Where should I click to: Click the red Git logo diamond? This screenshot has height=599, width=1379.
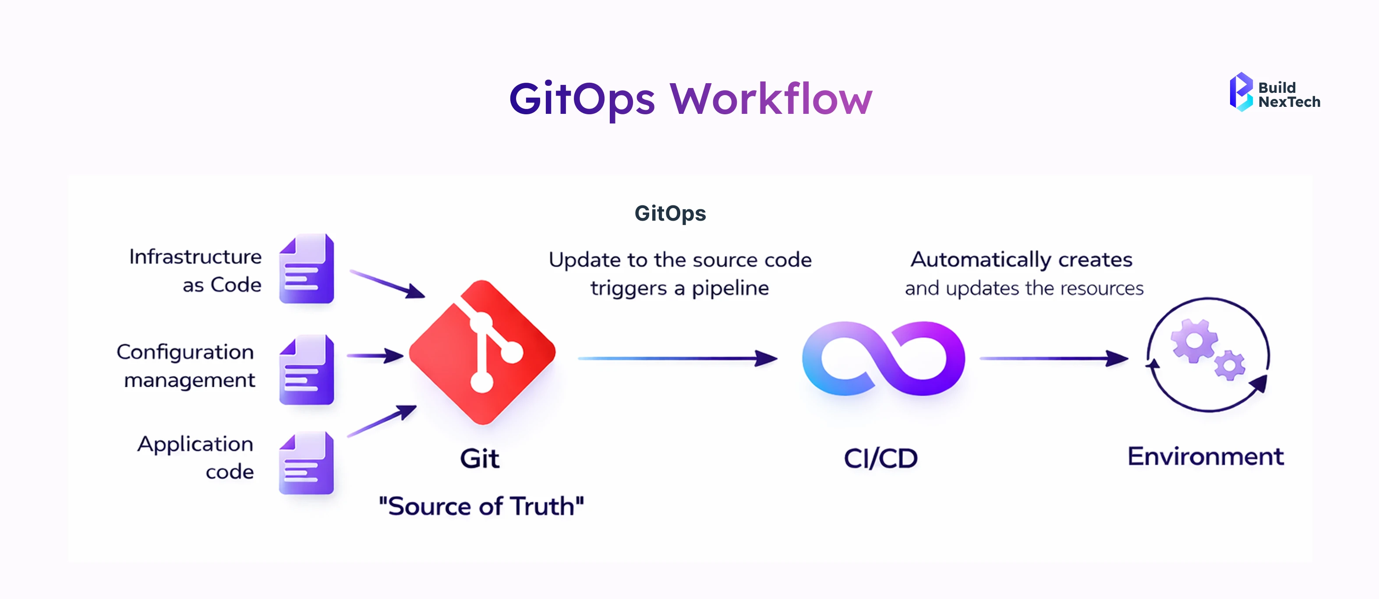(482, 352)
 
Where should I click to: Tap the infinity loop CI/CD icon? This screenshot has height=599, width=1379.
(883, 358)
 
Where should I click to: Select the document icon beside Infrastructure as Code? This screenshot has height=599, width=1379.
(307, 269)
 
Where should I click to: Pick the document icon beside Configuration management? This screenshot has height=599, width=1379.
(307, 370)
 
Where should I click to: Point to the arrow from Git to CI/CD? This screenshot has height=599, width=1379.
(677, 358)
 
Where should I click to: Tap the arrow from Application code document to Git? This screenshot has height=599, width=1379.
(382, 421)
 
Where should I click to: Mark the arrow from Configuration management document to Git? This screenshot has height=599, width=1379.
(375, 356)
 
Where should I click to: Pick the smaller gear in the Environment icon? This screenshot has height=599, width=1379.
(1230, 366)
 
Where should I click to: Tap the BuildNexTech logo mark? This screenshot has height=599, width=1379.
(1241, 92)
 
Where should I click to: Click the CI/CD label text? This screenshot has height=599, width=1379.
(880, 458)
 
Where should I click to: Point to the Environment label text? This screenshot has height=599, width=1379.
(1206, 457)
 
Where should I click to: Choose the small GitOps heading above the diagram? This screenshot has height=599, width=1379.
(670, 213)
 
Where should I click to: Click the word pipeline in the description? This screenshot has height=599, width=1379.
(730, 289)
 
